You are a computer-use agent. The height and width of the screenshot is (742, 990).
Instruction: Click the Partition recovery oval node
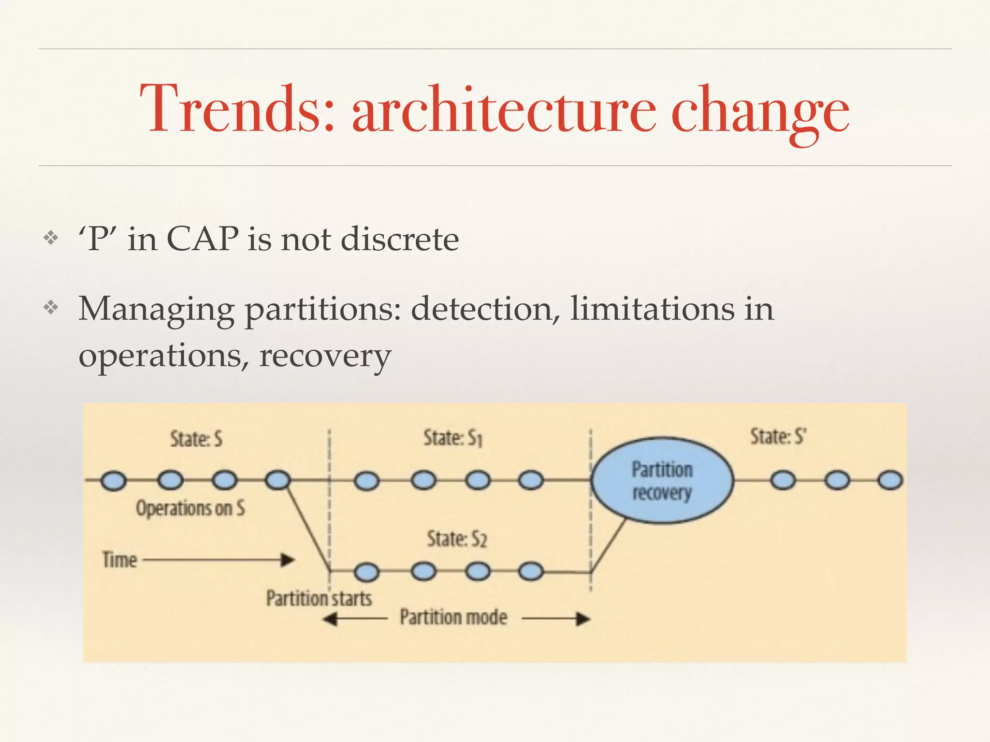point(662,481)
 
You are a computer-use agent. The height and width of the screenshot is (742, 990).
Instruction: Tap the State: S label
point(196,440)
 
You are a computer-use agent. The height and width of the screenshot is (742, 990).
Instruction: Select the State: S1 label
point(453,438)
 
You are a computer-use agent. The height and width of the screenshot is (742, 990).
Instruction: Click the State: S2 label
point(457,539)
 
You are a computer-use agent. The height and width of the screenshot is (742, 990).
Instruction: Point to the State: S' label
point(778,437)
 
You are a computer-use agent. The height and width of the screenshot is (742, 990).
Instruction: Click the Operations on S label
point(190,508)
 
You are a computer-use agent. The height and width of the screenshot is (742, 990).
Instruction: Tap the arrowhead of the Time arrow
point(289,560)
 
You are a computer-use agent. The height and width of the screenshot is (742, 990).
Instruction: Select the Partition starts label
point(319,598)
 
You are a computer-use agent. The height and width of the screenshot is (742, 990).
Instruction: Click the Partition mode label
point(453,617)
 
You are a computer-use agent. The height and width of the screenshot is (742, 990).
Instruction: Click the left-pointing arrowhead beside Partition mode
point(330,619)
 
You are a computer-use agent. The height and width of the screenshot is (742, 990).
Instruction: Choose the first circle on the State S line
point(114,481)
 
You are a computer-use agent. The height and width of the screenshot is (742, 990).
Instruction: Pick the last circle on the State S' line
point(890,481)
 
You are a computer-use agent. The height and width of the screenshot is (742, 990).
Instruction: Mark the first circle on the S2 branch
point(367,572)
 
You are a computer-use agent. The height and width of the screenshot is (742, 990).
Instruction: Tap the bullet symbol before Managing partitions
point(51,307)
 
